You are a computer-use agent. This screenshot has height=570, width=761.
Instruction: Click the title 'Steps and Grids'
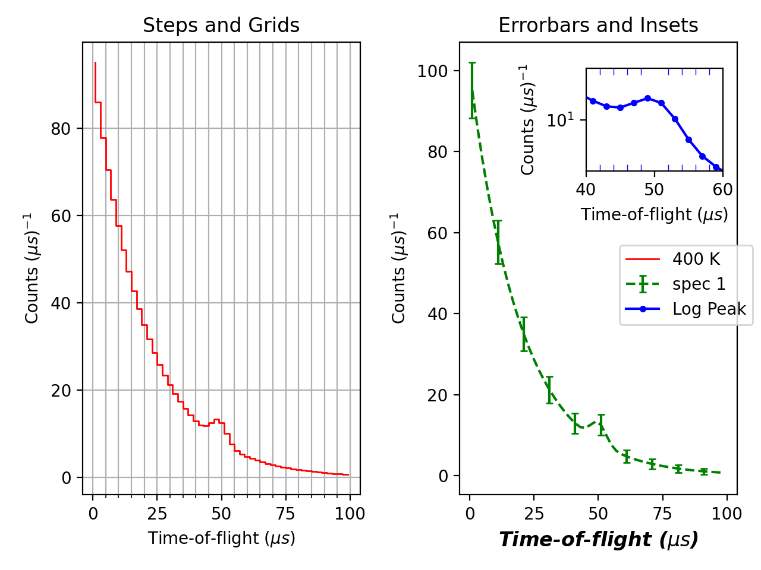(221, 26)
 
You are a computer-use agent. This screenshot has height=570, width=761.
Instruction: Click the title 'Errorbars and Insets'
(598, 26)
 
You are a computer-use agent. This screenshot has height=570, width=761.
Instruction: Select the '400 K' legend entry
(696, 259)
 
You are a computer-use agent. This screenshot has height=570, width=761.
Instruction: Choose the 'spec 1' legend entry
(699, 284)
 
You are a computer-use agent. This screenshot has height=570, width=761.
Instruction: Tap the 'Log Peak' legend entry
(709, 309)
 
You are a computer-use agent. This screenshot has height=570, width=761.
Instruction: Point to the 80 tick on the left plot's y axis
(61, 129)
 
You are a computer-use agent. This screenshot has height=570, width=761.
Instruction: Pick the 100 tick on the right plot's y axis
(432, 71)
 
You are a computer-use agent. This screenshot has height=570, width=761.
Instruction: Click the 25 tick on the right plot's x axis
(534, 514)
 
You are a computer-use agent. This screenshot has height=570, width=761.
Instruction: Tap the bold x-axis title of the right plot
(598, 539)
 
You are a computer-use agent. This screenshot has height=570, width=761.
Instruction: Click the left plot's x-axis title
(221, 538)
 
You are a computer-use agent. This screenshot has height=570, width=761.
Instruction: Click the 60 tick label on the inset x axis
(722, 190)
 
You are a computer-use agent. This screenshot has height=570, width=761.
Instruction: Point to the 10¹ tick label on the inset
(561, 120)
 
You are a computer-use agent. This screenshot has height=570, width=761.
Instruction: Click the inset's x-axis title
(654, 214)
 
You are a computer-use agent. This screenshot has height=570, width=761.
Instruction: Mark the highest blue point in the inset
(647, 99)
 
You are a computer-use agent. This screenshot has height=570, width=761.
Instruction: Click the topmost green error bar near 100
(472, 90)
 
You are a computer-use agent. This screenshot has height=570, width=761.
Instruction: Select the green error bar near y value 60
(498, 242)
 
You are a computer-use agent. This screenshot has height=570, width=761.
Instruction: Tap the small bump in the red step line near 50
(216, 420)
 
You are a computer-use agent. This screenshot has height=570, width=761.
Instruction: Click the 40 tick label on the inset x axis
(586, 190)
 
